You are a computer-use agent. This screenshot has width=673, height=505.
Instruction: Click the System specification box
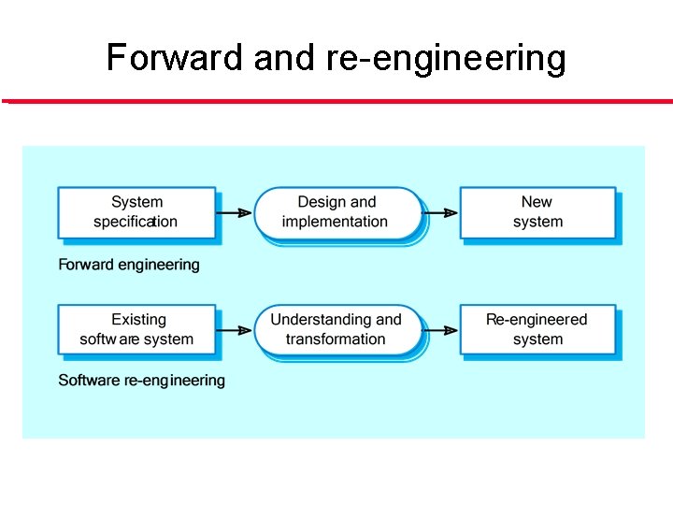click(x=136, y=212)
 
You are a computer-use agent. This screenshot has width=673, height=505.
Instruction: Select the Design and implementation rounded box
click(x=337, y=212)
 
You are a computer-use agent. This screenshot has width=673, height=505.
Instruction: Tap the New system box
click(x=537, y=212)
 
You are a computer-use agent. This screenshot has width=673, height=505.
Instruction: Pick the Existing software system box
click(x=136, y=329)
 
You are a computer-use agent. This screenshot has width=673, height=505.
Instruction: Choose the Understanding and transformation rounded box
click(x=337, y=329)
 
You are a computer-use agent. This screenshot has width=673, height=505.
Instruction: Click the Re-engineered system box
click(x=537, y=329)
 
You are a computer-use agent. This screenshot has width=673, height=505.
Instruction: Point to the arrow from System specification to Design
click(x=236, y=212)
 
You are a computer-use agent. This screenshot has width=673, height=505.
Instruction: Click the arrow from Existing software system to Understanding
click(x=236, y=329)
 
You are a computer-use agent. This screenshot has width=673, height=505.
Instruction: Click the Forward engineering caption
click(x=129, y=265)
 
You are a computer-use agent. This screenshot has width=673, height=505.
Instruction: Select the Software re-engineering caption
click(x=141, y=381)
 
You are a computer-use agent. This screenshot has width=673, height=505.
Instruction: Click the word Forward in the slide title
click(x=174, y=57)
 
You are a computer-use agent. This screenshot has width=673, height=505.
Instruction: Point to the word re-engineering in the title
click(x=446, y=58)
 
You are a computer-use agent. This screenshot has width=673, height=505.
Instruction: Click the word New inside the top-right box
click(x=537, y=202)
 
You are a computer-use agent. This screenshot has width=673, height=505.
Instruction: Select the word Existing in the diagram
click(x=138, y=320)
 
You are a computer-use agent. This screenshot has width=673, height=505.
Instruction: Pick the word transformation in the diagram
click(x=336, y=339)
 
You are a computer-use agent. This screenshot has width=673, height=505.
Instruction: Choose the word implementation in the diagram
click(x=335, y=223)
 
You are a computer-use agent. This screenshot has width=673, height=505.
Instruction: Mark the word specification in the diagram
click(x=136, y=223)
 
